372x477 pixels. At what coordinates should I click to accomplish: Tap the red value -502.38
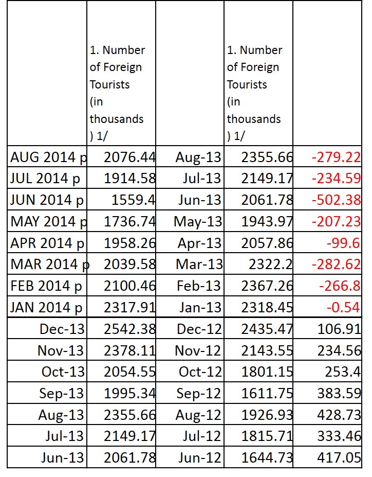[336, 200]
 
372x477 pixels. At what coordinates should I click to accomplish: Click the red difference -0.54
[346, 307]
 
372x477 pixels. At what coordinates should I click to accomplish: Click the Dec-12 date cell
[198, 329]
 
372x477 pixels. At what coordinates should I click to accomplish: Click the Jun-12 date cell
[198, 457]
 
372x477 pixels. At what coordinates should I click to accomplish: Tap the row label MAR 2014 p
[49, 264]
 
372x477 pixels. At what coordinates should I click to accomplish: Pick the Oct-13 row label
[60, 372]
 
